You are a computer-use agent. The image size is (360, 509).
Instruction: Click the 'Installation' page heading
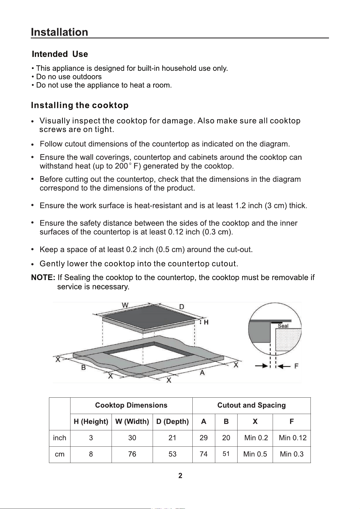60,32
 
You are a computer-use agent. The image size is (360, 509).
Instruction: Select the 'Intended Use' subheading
60,54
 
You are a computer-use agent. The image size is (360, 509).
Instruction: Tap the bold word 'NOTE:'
44,278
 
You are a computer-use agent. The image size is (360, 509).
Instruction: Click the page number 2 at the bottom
180,476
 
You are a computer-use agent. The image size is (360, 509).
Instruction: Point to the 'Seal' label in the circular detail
283,326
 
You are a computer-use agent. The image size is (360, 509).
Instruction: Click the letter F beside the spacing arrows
296,366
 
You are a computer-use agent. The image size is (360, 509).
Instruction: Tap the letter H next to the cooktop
206,322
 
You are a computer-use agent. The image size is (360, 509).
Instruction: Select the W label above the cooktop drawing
125,305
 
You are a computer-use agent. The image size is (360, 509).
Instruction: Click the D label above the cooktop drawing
181,307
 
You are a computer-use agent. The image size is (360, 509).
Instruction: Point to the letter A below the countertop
202,373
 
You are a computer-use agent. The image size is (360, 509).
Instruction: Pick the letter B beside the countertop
84,367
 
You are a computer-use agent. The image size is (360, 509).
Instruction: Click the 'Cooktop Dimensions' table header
131,405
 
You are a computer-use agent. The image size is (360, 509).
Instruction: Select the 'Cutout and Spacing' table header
251,405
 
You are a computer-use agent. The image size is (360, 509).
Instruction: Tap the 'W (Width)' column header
132,422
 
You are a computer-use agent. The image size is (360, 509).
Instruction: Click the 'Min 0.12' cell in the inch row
293,438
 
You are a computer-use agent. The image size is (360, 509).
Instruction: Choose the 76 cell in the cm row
132,454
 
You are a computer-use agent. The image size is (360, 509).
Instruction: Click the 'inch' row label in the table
60,438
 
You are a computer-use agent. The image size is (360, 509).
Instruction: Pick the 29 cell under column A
204,438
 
